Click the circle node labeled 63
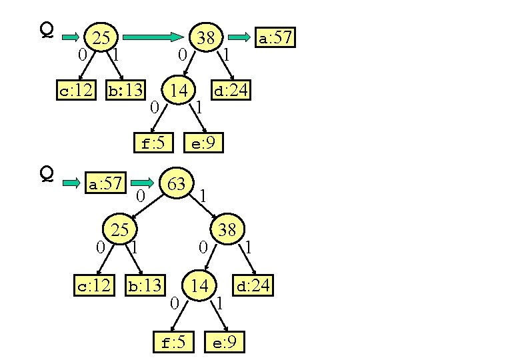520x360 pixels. (177, 184)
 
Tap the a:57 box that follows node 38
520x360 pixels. (275, 38)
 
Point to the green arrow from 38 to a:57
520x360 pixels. (241, 38)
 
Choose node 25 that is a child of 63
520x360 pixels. (119, 231)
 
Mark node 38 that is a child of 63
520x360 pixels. (227, 230)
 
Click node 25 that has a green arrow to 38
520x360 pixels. (101, 38)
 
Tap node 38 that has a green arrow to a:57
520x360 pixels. (206, 38)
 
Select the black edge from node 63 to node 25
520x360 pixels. (147, 206)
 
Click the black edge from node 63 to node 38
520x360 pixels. (203, 207)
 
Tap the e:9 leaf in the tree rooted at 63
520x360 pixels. (225, 343)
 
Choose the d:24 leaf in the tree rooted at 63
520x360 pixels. (253, 286)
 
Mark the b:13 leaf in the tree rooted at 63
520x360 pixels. (145, 286)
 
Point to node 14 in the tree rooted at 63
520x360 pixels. (199, 286)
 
